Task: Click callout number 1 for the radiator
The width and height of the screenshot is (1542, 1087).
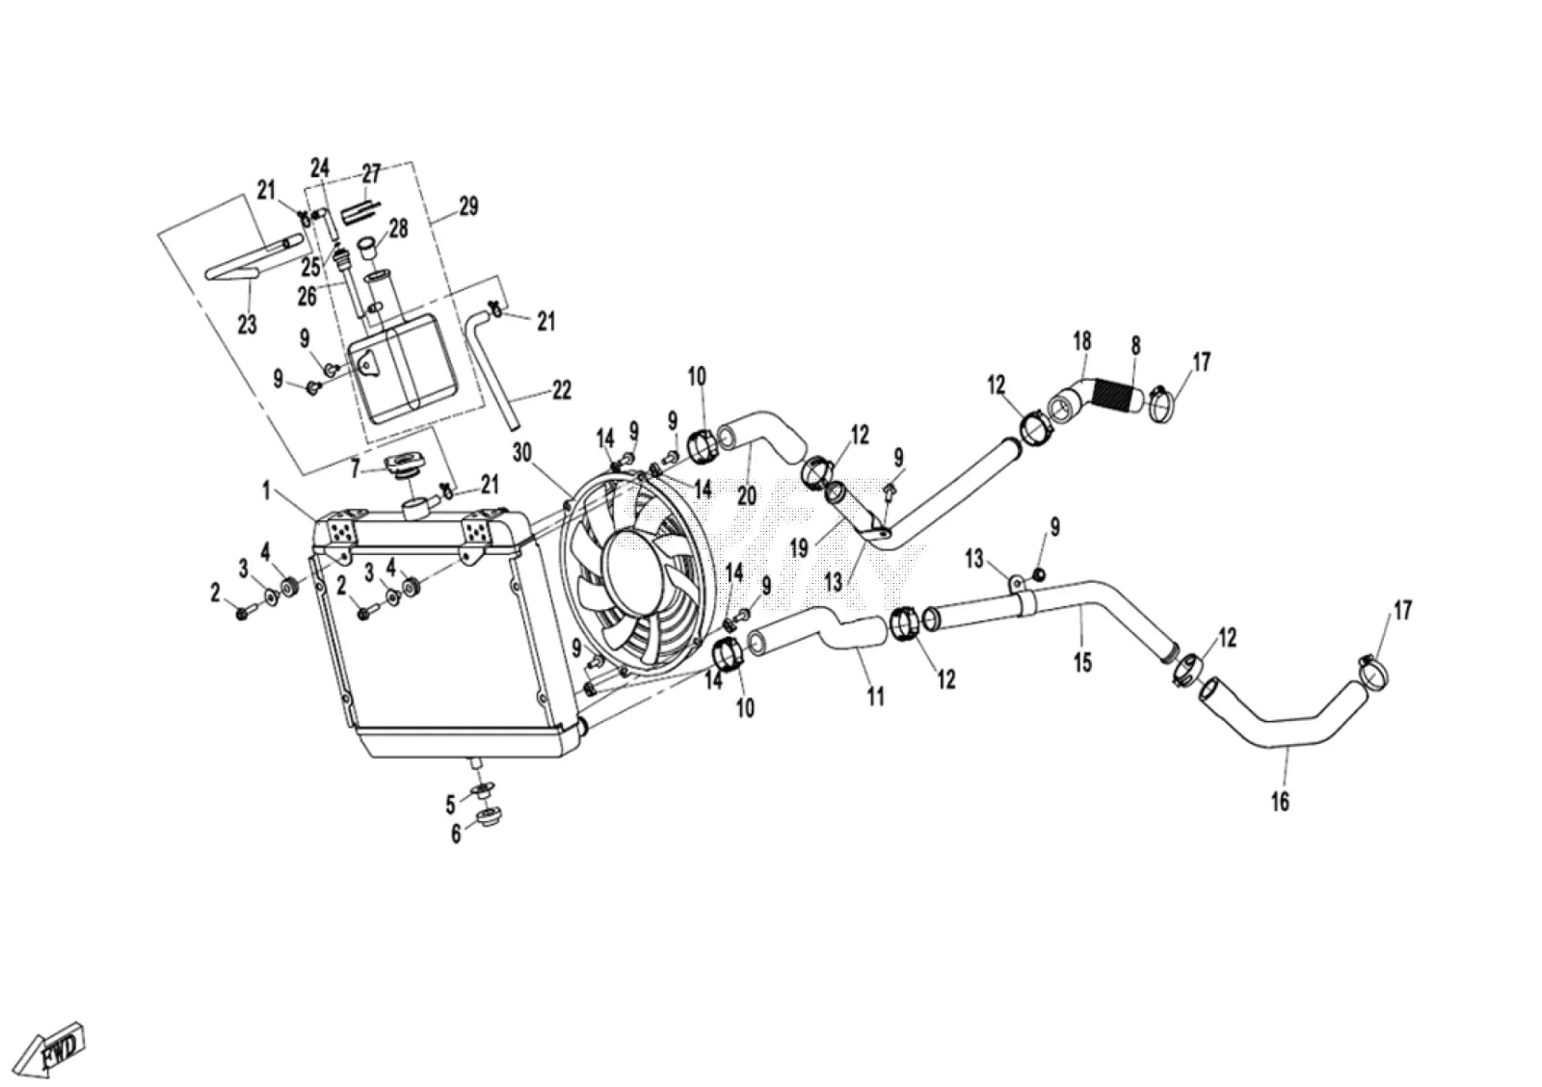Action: click(265, 490)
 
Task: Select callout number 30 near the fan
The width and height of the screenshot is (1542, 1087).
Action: click(522, 452)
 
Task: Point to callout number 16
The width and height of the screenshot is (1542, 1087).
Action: click(1281, 802)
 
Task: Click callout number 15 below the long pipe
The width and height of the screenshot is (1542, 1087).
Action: click(1083, 663)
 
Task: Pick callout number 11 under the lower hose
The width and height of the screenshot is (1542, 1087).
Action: click(875, 698)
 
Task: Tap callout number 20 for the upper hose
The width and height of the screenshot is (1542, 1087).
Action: click(747, 495)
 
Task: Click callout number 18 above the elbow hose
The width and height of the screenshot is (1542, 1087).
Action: click(1082, 341)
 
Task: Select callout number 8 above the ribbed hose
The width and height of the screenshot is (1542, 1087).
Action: click(1136, 346)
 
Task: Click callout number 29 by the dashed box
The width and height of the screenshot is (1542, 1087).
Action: click(468, 206)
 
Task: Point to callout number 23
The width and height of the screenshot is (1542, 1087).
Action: click(247, 324)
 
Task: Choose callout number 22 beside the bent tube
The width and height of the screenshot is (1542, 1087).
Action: click(562, 390)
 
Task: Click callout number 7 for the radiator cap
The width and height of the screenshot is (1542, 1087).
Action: click(355, 470)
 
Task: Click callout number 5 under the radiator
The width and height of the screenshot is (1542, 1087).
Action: click(450, 804)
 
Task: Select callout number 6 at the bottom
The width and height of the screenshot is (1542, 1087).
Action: click(456, 834)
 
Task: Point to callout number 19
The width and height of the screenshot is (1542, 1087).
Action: click(799, 548)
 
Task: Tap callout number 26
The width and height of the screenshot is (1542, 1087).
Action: click(307, 296)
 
